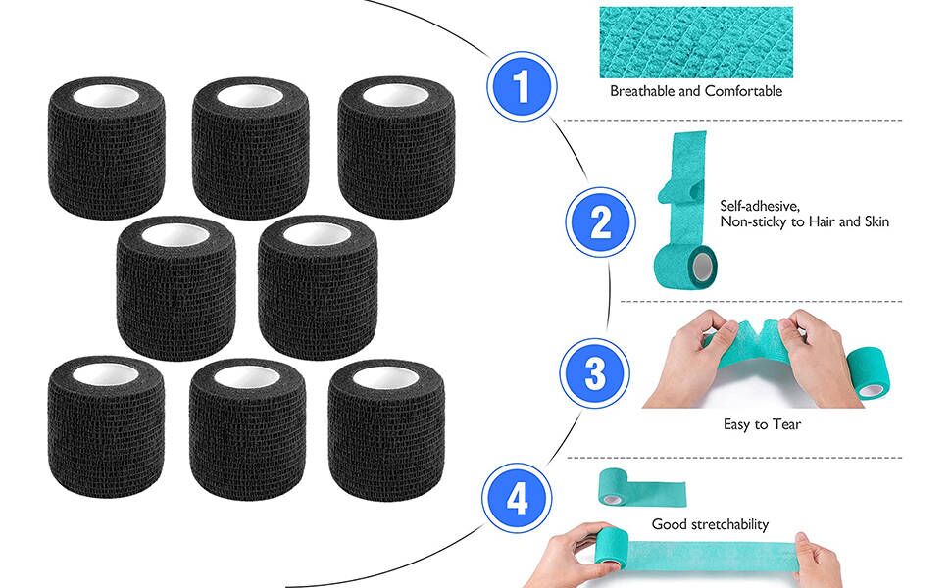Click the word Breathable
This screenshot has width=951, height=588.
[643, 91]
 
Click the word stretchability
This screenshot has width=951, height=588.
[731, 524]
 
